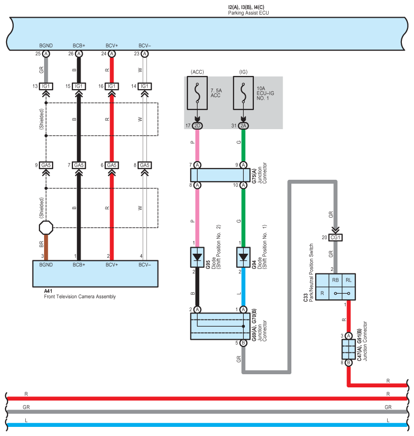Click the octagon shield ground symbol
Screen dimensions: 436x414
point(46,228)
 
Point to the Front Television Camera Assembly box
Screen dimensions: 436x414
point(95,273)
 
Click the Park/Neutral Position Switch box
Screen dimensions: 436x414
point(334,286)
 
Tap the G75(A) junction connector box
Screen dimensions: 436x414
point(220,175)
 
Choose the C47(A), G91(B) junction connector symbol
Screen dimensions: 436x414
point(349,349)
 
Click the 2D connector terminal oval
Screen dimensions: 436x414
point(198,126)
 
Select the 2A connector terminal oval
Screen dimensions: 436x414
point(243,126)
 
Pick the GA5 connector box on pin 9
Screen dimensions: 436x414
point(46,165)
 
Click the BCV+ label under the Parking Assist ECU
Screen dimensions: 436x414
point(111,46)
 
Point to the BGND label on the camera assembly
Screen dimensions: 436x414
point(46,264)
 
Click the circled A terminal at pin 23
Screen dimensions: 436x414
point(145,54)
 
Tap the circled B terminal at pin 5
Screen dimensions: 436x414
point(243,343)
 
